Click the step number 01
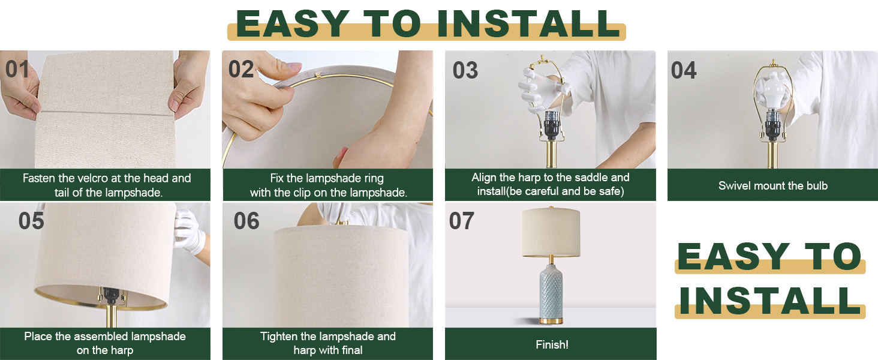(x=17, y=70)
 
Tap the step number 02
(x=241, y=70)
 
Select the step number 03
(x=465, y=71)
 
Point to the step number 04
(x=684, y=71)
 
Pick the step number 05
(x=31, y=221)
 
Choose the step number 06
(x=246, y=221)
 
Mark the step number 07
(x=462, y=221)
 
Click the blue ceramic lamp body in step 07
(x=551, y=288)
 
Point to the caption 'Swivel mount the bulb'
(x=772, y=185)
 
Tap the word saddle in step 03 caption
(x=594, y=178)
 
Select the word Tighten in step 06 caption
(x=279, y=337)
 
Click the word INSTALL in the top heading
(x=528, y=24)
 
